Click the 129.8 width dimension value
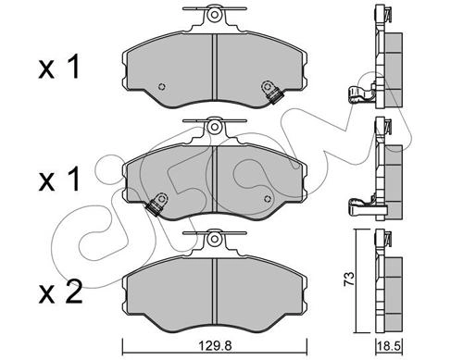point(214,346)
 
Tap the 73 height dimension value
point(349,279)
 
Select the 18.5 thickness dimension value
point(389,347)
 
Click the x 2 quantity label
point(60,292)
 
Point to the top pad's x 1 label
point(59,67)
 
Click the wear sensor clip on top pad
point(272,93)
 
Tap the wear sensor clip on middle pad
point(156,204)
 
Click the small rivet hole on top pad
point(161,87)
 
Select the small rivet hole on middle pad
point(268,199)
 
